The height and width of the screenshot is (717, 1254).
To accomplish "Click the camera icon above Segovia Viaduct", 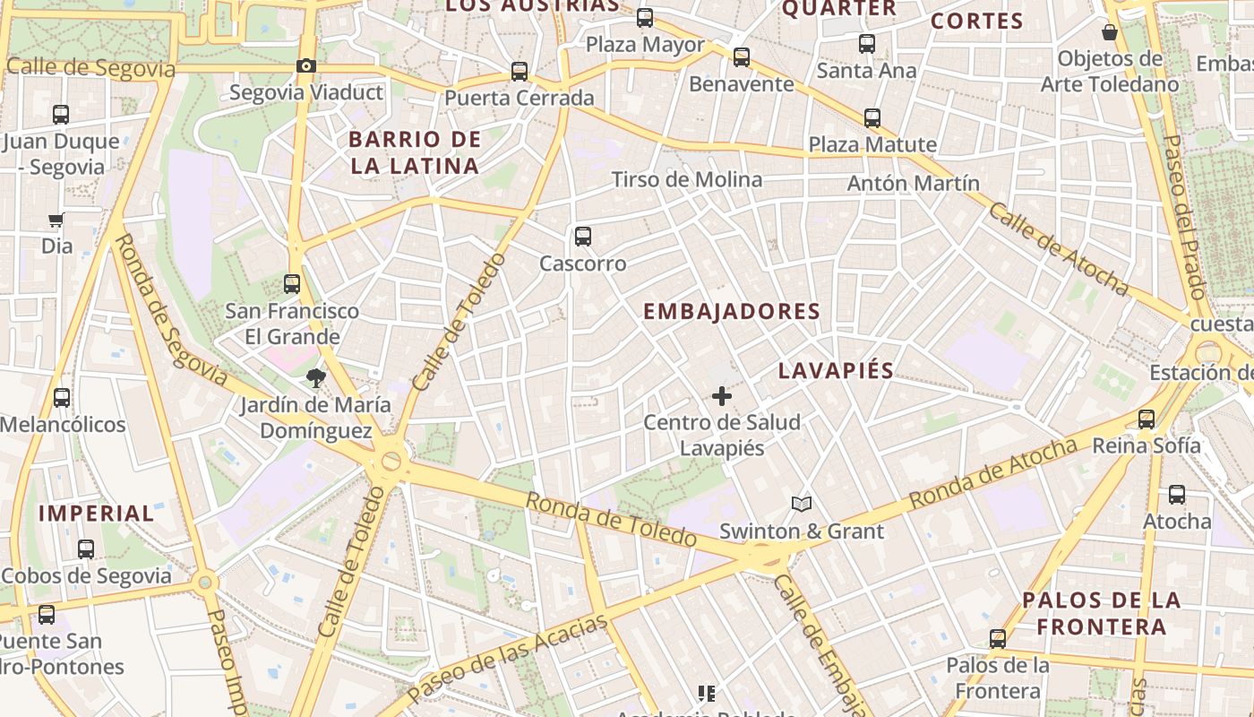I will point(306,65).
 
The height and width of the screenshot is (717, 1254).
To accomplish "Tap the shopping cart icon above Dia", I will point(56,220).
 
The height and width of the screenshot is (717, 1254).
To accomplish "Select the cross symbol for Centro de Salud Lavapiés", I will point(722,395).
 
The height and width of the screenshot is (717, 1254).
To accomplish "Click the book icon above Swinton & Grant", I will point(802,505).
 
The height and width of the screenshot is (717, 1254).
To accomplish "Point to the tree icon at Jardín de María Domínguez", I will point(315,378).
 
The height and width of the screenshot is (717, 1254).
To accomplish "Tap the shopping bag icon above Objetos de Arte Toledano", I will point(1110,32).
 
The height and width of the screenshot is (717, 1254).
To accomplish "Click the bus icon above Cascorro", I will point(583,237).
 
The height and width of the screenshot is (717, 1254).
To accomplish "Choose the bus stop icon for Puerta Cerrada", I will point(520,72).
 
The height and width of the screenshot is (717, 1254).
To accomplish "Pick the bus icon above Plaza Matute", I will point(872,117).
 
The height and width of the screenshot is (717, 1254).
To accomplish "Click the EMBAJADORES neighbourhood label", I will point(732,312).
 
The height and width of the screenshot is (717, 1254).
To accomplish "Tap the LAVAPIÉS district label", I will point(836,371).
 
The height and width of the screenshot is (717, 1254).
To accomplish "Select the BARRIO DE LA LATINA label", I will point(415,152).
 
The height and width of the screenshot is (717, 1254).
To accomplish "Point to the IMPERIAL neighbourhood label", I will point(97,514).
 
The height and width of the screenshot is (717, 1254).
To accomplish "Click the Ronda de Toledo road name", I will point(610,520).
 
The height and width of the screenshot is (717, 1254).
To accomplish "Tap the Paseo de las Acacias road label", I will point(507,658).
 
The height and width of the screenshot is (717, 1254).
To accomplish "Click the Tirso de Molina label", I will point(687,180).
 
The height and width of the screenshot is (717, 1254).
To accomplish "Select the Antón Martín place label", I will point(913,184).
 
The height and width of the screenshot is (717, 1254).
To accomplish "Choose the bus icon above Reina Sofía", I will point(1147,419).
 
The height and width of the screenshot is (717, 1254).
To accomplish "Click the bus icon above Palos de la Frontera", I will point(998,639).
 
